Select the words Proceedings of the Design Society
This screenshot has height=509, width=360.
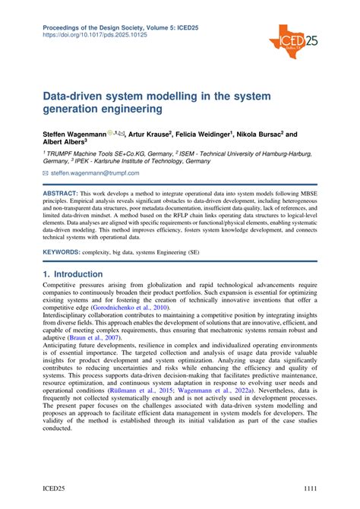point(91,27)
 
